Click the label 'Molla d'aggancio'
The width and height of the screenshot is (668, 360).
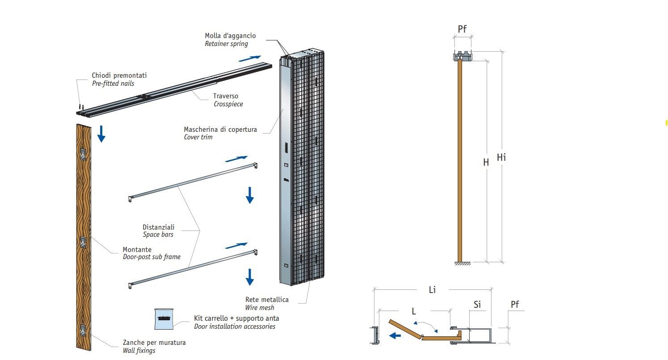pos(230,36)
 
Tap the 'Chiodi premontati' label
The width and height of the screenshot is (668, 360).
pos(119,75)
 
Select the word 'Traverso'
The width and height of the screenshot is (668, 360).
pos(226,96)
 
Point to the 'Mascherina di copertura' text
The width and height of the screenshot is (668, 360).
pos(220,130)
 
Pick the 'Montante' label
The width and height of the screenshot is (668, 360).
pos(137,249)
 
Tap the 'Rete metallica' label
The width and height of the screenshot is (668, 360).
pos(267,299)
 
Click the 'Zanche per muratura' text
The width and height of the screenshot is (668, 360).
pos(154,343)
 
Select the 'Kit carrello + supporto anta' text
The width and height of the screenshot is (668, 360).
pos(236,318)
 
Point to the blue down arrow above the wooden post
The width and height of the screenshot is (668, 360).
pos(101,134)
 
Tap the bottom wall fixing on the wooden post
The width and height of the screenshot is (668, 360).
pos(83,331)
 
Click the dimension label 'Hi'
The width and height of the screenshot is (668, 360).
pos(501,157)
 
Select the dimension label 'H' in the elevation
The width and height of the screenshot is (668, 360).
pos(486,163)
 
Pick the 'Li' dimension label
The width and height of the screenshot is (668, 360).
pos(432,290)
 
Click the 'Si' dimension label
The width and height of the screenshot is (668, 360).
pos(477,305)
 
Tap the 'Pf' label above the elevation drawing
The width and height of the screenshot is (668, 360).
pos(462,29)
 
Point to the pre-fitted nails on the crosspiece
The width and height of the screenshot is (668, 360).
pos(81,106)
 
